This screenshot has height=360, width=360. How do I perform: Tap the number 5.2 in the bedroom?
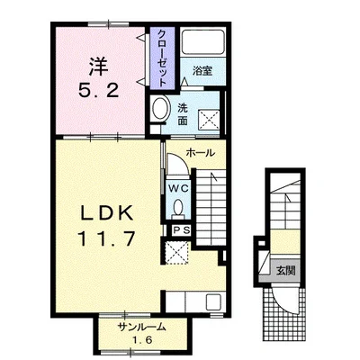point(99,90)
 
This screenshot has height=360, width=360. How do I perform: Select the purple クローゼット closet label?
point(162,58)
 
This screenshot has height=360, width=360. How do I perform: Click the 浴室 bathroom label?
point(202,71)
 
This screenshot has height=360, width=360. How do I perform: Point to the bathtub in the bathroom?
point(203,42)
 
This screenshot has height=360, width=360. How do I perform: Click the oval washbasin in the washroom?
point(161,108)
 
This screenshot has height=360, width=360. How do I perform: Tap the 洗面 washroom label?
point(183,114)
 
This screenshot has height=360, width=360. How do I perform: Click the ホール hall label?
point(201,153)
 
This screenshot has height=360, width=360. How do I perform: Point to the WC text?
point(178,189)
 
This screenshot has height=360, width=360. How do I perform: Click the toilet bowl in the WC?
point(178,207)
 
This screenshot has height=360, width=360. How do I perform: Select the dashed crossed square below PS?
point(177,253)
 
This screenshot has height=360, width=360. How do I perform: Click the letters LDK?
point(107,214)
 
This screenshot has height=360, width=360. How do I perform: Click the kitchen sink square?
point(213,301)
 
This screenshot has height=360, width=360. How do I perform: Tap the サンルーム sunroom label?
point(142,327)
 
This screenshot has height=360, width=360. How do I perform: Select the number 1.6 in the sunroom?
point(143,340)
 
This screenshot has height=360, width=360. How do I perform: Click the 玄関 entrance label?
point(285,271)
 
